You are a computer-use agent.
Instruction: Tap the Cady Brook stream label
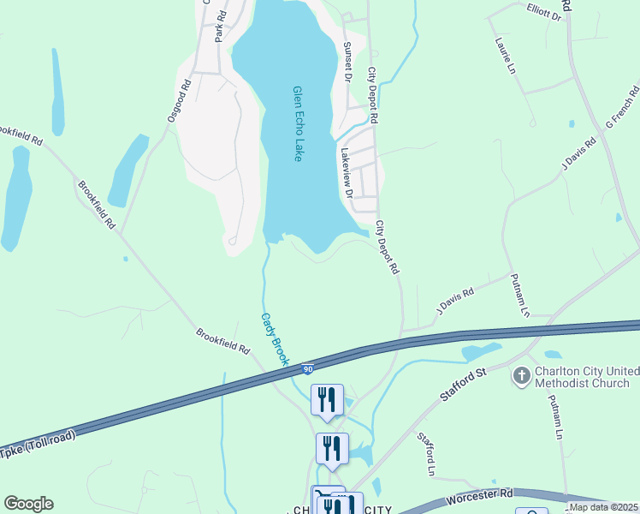click(273, 338)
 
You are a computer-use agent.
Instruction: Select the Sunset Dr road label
click(348, 62)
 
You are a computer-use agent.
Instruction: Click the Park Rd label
click(220, 27)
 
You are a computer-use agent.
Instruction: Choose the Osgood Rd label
click(178, 100)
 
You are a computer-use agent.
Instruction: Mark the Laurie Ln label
click(506, 53)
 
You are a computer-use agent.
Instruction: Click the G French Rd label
click(623, 107)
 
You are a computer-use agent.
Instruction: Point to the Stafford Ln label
click(425, 453)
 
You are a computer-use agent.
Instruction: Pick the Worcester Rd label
click(479, 496)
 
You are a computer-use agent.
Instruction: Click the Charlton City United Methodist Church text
click(587, 377)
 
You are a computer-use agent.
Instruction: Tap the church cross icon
click(520, 375)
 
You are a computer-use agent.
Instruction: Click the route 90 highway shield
click(307, 369)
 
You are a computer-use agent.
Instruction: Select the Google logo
click(28, 504)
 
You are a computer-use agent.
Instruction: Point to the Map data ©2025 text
click(603, 507)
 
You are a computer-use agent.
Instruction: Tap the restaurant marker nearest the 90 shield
click(327, 401)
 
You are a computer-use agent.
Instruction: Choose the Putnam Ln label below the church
click(557, 421)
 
